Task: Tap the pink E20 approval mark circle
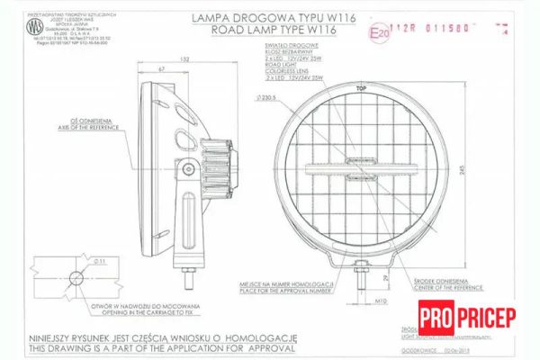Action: coord(382,32)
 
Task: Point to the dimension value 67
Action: coord(160,68)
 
